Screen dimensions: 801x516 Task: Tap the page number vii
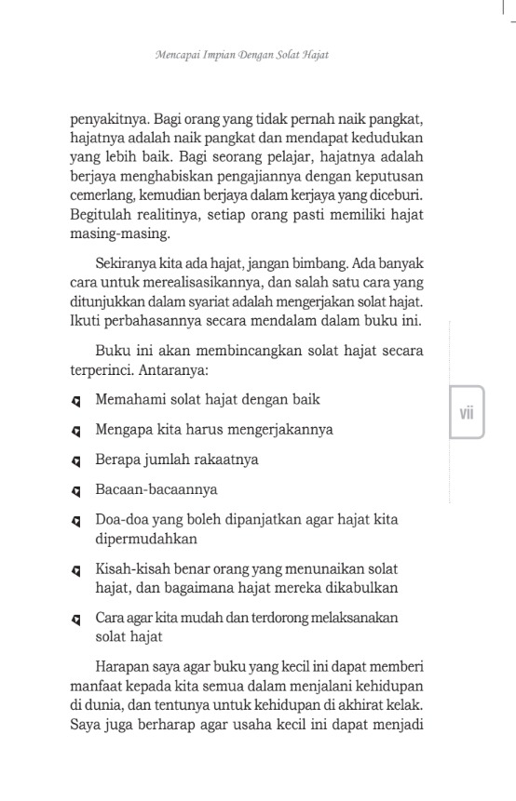pos(467,412)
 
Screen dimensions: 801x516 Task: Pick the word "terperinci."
pos(104,368)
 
